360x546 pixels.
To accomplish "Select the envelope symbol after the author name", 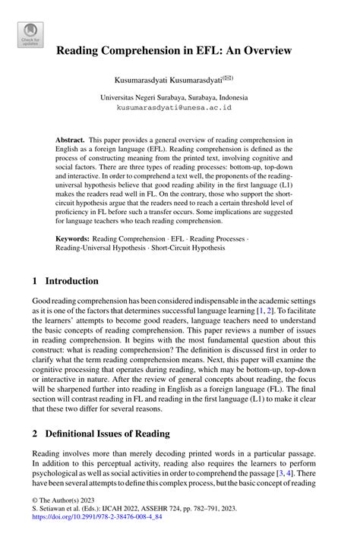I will pos(228,77).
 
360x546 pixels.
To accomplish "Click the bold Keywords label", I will pos(74,238).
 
